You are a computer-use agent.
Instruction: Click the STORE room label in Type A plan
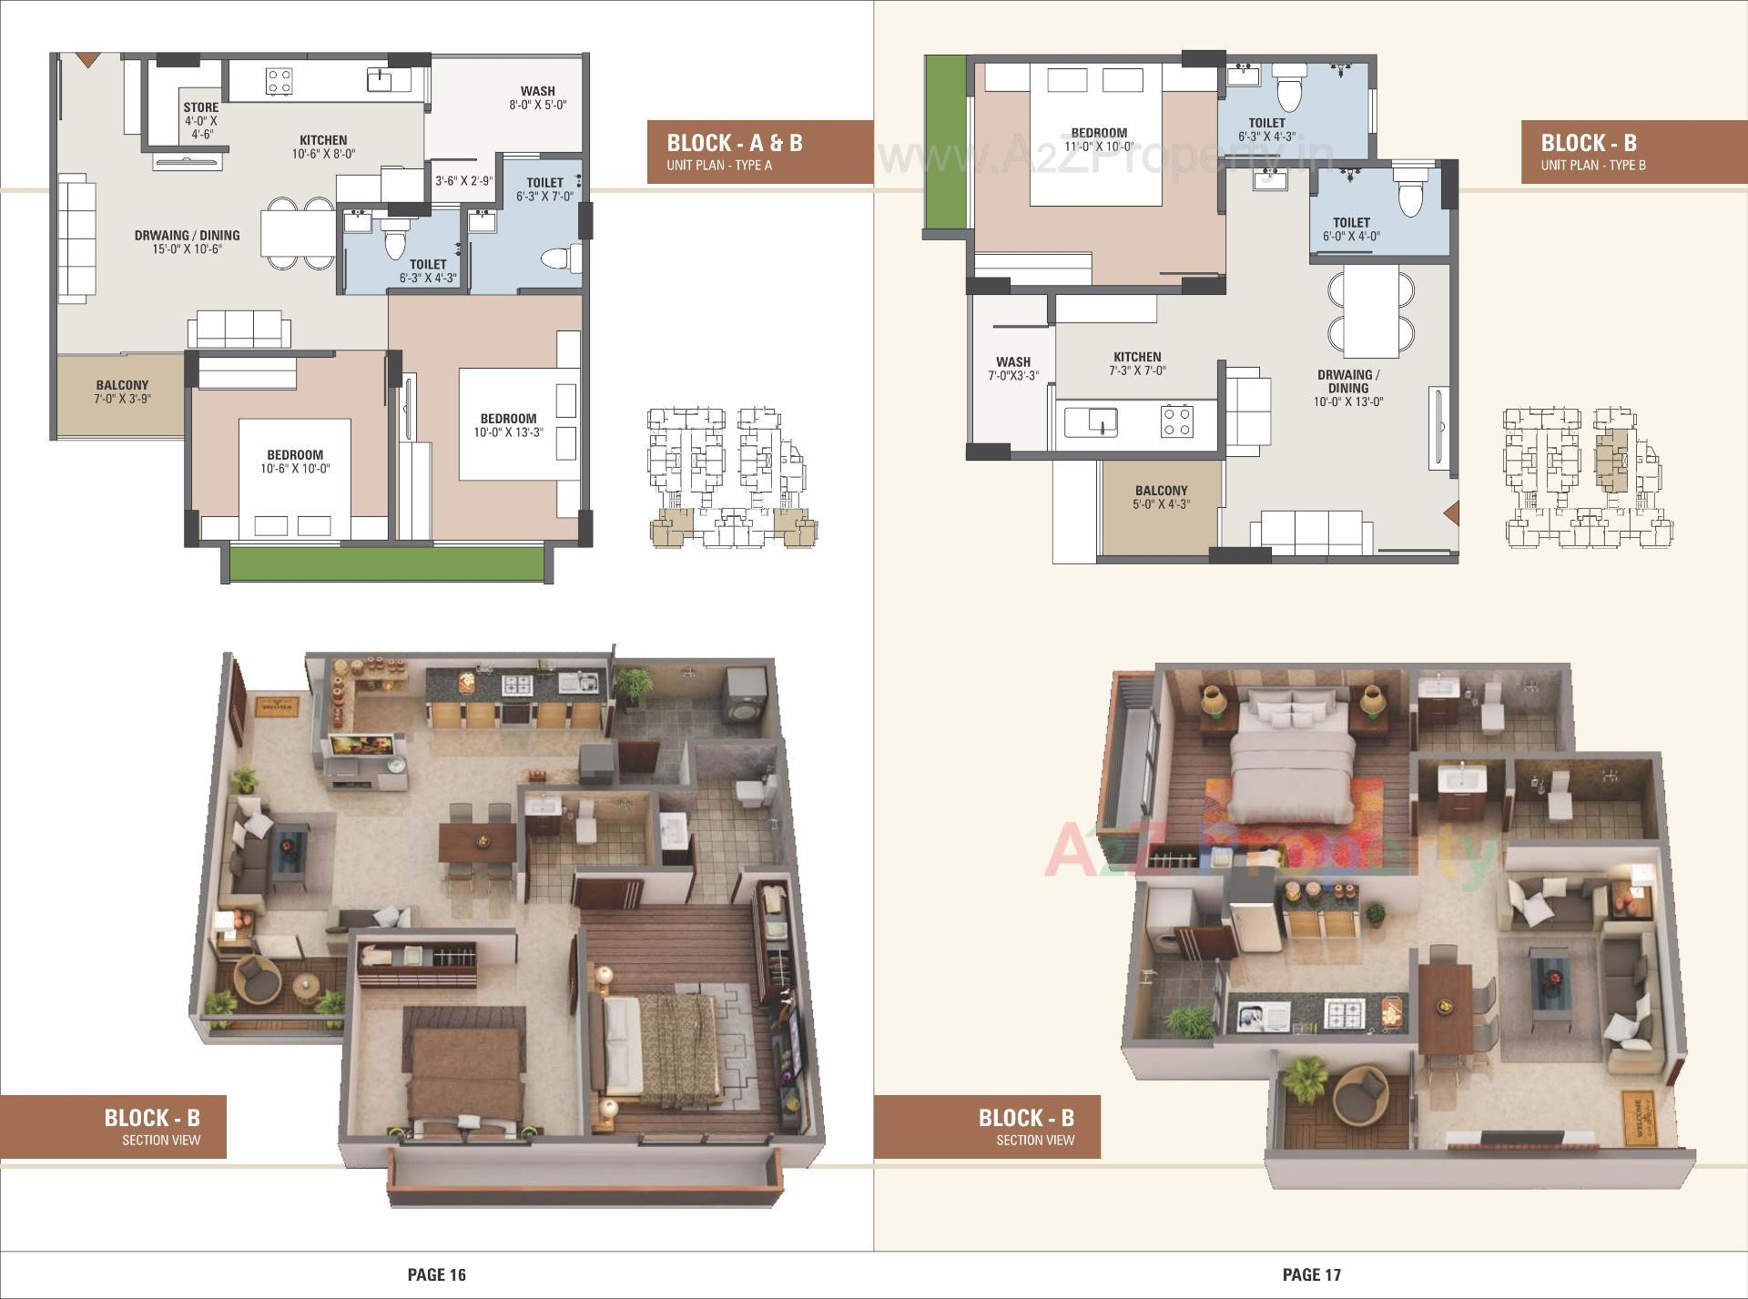(200, 119)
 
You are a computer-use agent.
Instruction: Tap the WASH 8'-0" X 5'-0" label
(537, 97)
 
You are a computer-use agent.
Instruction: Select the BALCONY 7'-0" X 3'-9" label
(121, 391)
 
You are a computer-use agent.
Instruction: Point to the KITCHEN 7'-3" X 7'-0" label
(1137, 363)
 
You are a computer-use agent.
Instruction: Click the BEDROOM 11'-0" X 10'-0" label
(1099, 139)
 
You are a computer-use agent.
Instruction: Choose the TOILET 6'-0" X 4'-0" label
(1351, 228)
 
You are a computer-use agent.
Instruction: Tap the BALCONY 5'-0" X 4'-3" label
(1161, 497)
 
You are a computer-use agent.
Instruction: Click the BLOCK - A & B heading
(734, 143)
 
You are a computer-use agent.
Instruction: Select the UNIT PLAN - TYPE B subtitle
(1592, 166)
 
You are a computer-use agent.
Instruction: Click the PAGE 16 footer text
(436, 1274)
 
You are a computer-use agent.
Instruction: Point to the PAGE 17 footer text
(1311, 1274)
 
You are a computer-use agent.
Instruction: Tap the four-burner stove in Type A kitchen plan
(279, 81)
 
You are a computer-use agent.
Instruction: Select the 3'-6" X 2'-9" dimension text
(463, 181)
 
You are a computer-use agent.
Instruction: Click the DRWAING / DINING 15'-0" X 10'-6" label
(187, 241)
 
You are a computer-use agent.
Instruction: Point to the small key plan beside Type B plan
(1589, 478)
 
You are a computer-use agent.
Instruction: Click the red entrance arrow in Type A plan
(86, 60)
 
